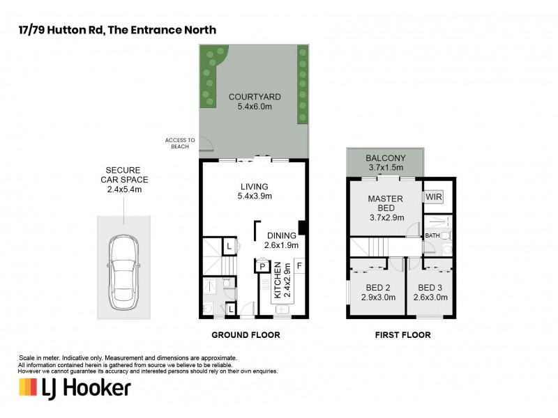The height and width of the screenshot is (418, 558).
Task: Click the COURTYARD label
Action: point(253,97)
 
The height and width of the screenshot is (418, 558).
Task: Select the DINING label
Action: point(281,235)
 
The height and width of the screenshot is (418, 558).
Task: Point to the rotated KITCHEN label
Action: point(278,281)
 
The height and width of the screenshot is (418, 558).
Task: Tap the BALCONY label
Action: point(385,158)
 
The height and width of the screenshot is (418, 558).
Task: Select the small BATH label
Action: point(433,236)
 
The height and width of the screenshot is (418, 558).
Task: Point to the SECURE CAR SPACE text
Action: point(123,179)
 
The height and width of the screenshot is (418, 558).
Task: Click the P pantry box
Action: point(262,265)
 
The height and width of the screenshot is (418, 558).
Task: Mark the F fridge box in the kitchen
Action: point(299,265)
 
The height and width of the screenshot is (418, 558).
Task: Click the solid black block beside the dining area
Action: point(301,228)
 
